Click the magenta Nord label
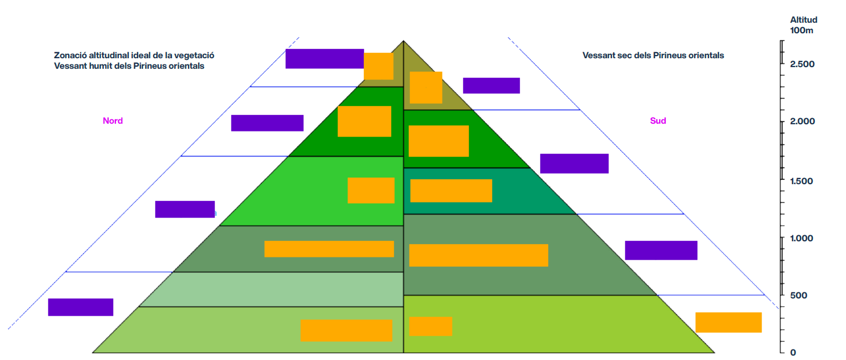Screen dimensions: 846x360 (x=113, y=121)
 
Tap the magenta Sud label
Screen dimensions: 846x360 (x=658, y=121)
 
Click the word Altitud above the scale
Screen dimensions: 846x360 (x=804, y=19)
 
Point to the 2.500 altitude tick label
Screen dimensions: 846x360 (x=802, y=64)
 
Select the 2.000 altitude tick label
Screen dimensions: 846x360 (x=802, y=121)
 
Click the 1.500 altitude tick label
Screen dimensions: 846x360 (x=802, y=181)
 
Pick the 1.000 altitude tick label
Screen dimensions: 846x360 (x=802, y=239)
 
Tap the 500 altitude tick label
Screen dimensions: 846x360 (x=798, y=296)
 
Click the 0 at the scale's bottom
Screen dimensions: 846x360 (x=793, y=352)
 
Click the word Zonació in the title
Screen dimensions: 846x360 (x=68, y=55)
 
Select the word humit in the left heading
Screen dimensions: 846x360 (x=100, y=66)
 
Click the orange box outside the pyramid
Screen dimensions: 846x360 (x=728, y=323)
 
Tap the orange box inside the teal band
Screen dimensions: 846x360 (x=451, y=191)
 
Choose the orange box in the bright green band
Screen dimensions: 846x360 (x=371, y=190)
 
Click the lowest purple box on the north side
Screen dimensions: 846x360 (x=80, y=307)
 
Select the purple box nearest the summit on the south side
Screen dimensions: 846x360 (x=492, y=86)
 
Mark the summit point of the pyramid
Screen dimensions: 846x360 (x=403, y=40)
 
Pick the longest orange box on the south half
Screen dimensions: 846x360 (x=479, y=255)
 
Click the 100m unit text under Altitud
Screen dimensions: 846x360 (x=802, y=31)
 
